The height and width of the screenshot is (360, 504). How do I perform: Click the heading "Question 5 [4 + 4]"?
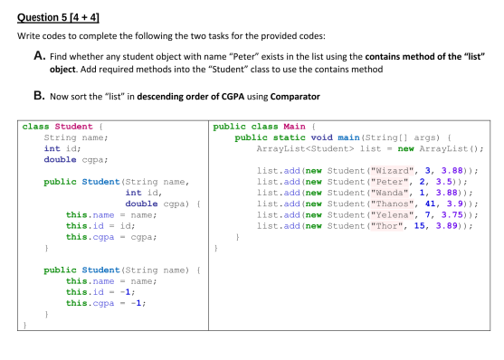55,13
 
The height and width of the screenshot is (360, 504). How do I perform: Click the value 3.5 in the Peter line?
435,181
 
